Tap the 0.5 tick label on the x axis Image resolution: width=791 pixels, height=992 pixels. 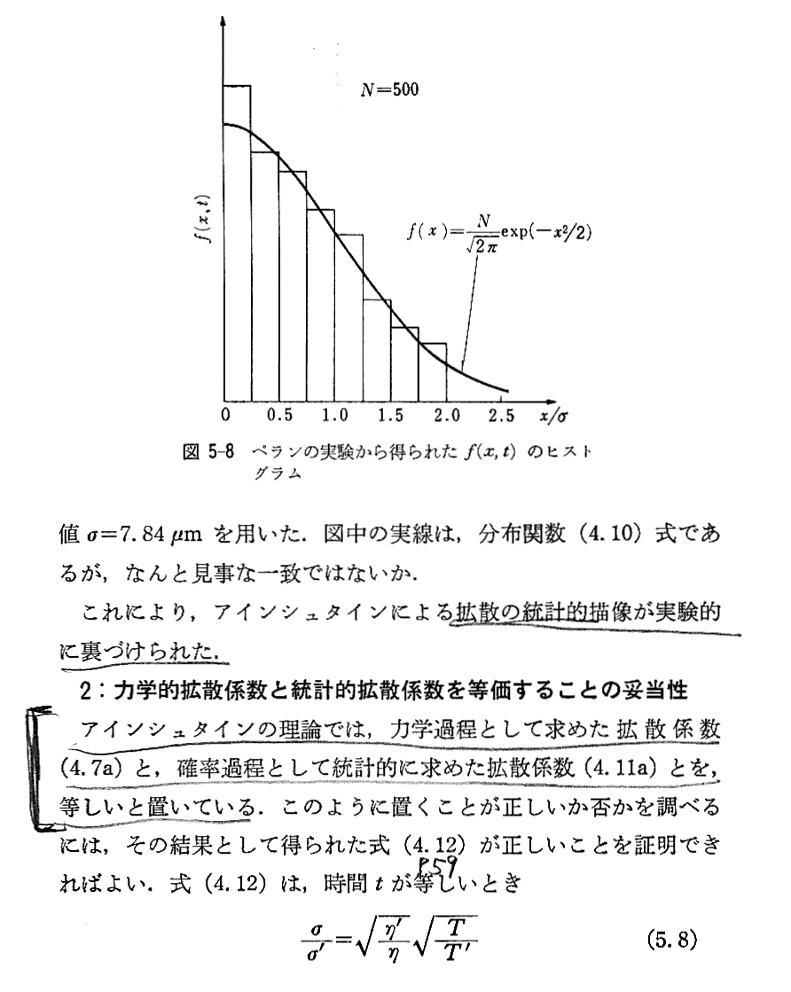pyautogui.click(x=279, y=414)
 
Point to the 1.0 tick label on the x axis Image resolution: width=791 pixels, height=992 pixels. pyautogui.click(x=334, y=414)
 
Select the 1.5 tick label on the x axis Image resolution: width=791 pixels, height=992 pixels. pyautogui.click(x=390, y=414)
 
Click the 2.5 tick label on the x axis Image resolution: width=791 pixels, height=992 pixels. pyautogui.click(x=501, y=414)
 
